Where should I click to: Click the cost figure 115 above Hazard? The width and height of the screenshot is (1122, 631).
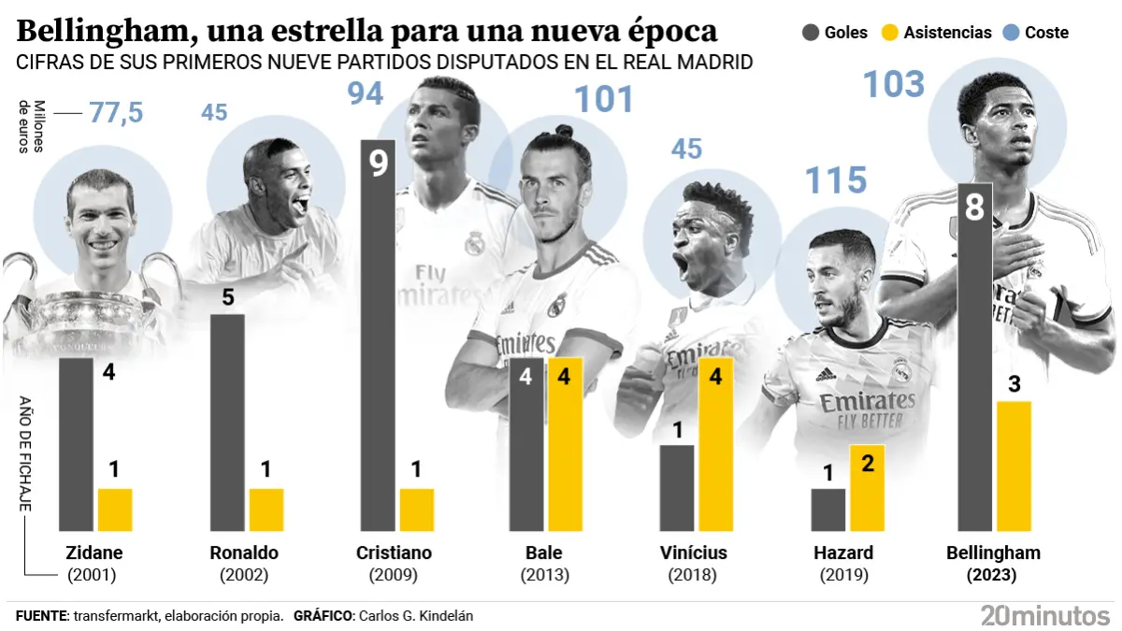(836, 181)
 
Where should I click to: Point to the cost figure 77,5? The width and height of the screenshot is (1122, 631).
(116, 113)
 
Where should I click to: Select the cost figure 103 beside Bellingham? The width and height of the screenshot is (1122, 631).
(893, 85)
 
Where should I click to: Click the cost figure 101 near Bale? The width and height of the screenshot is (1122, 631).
(603, 100)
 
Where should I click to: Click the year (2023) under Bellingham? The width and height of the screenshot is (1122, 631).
(993, 576)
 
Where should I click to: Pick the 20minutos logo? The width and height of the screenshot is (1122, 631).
(1044, 615)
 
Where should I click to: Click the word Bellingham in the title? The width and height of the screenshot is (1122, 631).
(103, 32)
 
